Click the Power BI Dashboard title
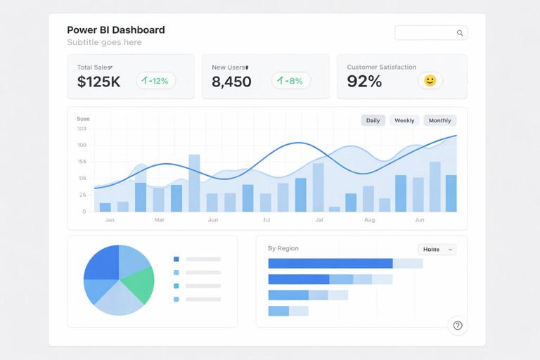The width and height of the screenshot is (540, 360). click(116, 30)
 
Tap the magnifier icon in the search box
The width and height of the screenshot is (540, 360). click(460, 33)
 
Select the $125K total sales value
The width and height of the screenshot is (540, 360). click(98, 82)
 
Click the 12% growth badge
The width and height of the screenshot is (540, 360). click(155, 81)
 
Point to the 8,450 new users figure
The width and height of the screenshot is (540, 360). click(231, 82)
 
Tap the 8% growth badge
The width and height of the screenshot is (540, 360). click(290, 81)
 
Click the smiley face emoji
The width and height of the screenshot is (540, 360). click(430, 81)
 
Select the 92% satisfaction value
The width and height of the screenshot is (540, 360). click(364, 82)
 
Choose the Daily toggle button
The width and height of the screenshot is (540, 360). click(373, 120)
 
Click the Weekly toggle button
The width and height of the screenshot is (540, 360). click(404, 120)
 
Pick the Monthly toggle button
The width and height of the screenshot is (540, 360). click(439, 120)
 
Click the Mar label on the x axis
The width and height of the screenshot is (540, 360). click(159, 220)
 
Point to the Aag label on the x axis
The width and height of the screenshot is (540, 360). click(370, 220)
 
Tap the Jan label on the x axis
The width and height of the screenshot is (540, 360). click(110, 220)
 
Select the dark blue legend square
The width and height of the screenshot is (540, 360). click(176, 259)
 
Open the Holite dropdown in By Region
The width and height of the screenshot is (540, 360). click(437, 250)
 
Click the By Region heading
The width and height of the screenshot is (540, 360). click(283, 248)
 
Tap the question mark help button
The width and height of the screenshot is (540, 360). click(458, 326)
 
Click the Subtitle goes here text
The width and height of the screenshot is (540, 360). click(104, 42)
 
